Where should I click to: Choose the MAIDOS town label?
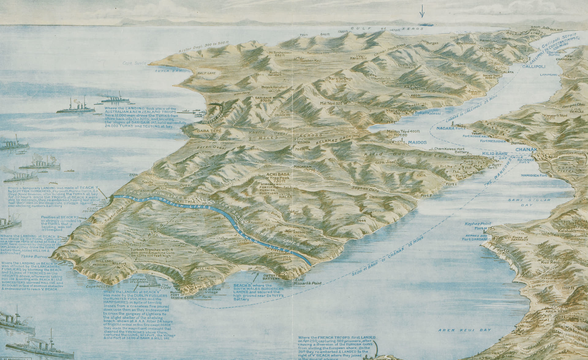point(417,143)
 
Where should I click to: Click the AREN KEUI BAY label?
point(464,330)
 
